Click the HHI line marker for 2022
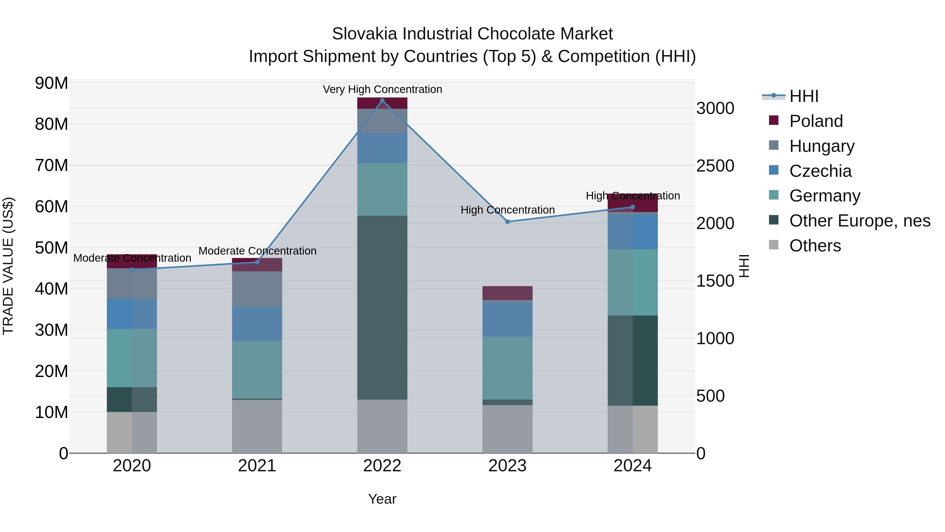[x=382, y=101]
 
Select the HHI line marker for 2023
[x=507, y=222]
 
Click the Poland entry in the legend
[x=816, y=121]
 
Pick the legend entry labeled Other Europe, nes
[x=859, y=221]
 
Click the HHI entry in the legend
[x=804, y=96]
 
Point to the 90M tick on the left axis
[x=51, y=83]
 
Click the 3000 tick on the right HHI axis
[x=715, y=109]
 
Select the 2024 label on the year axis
[x=632, y=466]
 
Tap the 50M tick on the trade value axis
[x=51, y=248]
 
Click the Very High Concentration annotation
[x=382, y=89]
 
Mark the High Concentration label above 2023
[x=507, y=210]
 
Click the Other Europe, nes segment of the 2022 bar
[x=382, y=307]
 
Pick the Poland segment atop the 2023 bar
[x=507, y=293]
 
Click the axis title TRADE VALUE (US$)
[x=8, y=266]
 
